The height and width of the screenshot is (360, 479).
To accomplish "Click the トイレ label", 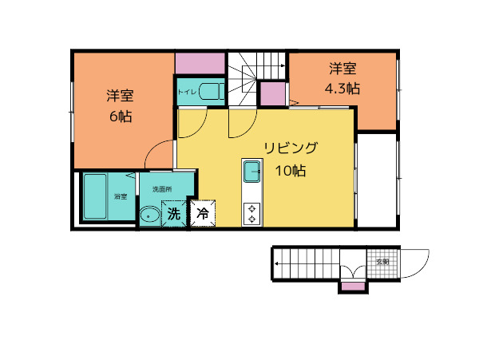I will point(187,93).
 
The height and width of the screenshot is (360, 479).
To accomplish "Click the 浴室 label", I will point(121,196).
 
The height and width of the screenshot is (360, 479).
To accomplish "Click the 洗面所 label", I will point(162,189).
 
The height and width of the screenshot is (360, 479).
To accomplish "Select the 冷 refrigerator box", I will point(203,214).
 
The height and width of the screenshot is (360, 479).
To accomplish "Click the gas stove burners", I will point(252,213).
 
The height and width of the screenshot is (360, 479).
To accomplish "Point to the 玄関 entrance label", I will point(383,261).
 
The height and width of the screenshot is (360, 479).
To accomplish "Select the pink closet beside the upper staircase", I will point(272,93).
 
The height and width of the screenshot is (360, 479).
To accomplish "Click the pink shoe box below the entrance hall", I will point(353,286).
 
